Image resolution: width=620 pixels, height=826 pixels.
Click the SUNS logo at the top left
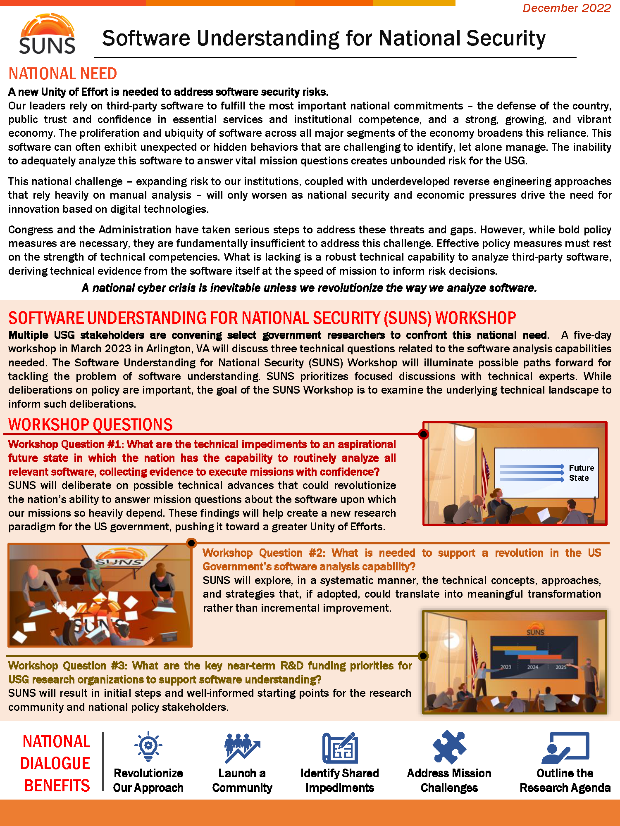pos(47,34)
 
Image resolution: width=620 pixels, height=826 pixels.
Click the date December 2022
pos(566,8)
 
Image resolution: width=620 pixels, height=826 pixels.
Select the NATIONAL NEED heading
pos(63,74)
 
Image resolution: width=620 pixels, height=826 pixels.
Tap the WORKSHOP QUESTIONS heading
pos(91,425)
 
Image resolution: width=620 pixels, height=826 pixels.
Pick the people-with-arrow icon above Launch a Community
pos(242,748)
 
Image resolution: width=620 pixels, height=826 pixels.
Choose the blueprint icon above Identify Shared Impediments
pos(340,748)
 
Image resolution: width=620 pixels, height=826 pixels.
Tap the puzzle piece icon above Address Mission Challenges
pos(449,747)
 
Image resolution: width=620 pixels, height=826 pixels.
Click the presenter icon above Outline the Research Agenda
pos(565,748)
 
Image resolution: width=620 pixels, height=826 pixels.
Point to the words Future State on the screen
pos(581,473)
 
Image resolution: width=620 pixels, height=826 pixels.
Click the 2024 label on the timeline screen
pos(532,667)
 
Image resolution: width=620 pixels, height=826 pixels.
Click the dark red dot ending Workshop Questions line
pos(423,434)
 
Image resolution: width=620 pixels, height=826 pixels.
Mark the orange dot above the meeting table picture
pos(191,543)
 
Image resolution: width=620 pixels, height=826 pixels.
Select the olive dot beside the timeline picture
pos(423,656)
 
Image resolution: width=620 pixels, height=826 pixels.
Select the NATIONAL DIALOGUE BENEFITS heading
pos(56,763)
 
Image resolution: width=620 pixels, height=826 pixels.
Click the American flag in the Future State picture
pos(486,471)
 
